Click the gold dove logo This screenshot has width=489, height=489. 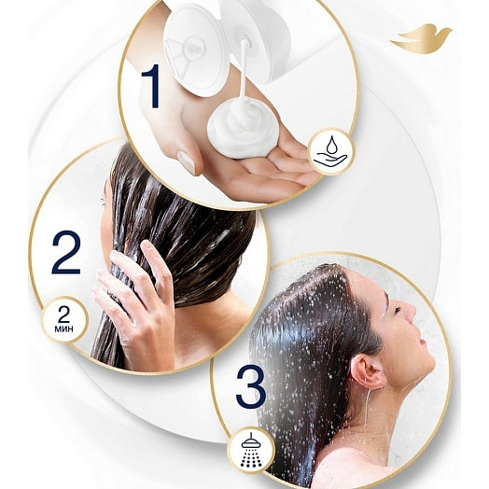(421, 39)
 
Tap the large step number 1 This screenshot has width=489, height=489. (151, 86)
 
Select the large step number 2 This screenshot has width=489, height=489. (66, 252)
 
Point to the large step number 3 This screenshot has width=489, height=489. (251, 386)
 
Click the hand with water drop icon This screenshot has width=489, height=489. (331, 152)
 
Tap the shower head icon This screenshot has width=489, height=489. (251, 453)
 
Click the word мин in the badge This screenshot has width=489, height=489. (64, 328)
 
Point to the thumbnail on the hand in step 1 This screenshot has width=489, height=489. (187, 162)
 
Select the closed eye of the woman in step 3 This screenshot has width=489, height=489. (398, 310)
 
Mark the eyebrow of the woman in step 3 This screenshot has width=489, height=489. (386, 299)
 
